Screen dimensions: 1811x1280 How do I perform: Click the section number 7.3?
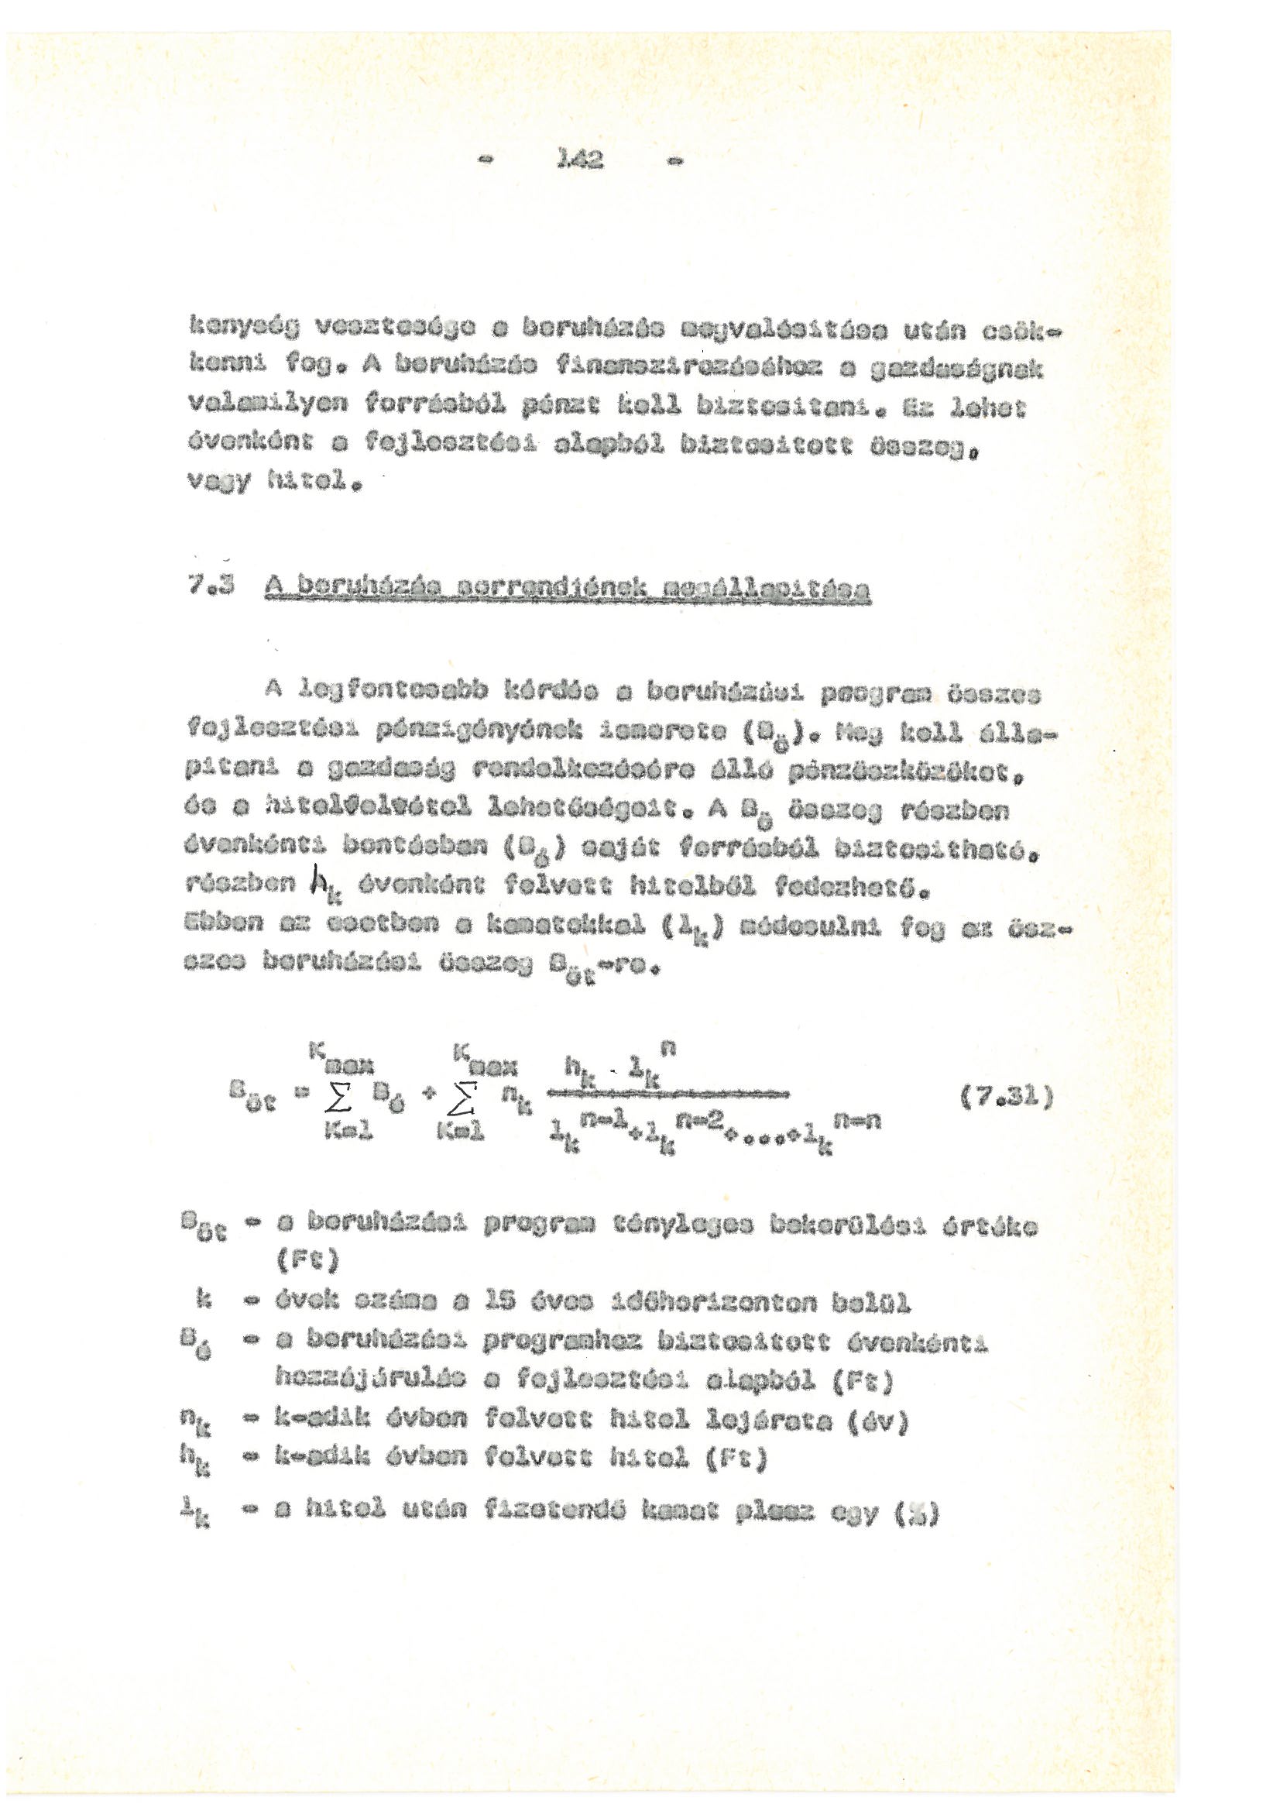[204, 588]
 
